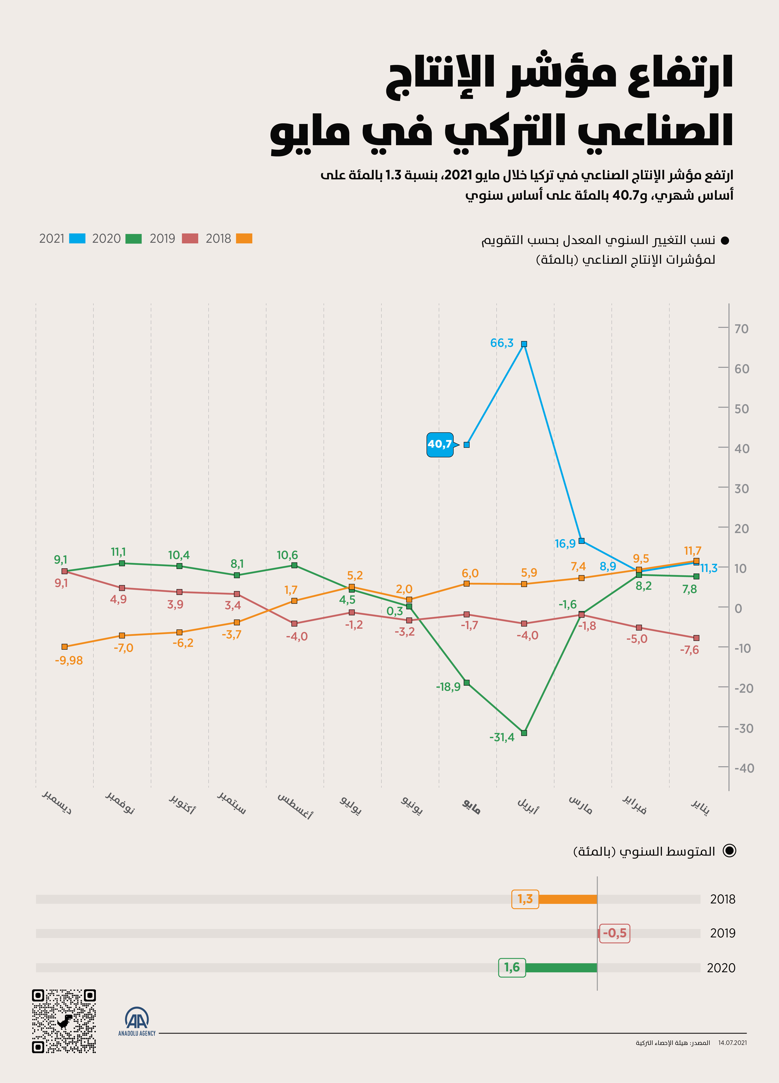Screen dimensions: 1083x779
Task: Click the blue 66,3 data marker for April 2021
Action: point(524,344)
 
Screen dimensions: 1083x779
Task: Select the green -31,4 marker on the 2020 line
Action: point(524,733)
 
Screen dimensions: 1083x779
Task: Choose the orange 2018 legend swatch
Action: point(244,238)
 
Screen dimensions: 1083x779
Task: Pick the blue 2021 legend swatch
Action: point(77,238)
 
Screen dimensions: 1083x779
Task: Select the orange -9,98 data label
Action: point(69,660)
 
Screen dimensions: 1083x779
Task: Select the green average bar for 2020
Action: point(561,967)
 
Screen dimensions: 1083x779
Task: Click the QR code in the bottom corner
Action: point(64,1021)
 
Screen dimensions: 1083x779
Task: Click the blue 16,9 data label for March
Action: point(565,544)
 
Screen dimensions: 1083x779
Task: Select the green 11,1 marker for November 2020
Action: point(122,564)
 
